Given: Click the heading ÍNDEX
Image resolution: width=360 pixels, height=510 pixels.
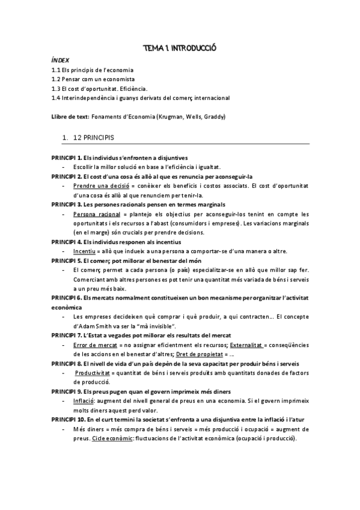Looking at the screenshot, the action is pyautogui.click(x=60, y=61).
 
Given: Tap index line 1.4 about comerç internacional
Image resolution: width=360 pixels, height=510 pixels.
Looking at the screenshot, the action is pyautogui.click(x=141, y=97).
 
